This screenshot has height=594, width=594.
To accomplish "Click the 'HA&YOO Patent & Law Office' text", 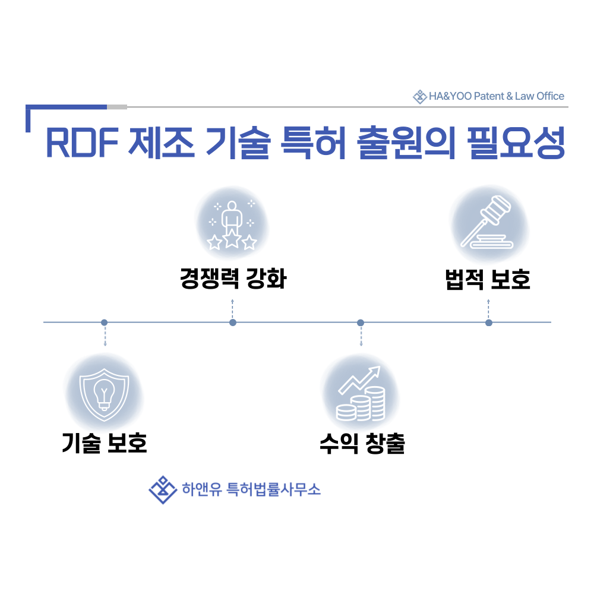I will coord(497,96).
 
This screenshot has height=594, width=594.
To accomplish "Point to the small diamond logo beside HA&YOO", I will coord(420,96).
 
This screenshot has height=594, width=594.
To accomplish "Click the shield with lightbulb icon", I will coord(104,393).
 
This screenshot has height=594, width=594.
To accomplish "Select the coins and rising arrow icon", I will coord(361,394).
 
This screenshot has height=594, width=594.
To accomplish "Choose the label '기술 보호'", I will coord(105,443).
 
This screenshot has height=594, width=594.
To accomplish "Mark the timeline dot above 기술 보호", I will coord(105,323).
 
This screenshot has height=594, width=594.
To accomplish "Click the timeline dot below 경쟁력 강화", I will coord(233,323).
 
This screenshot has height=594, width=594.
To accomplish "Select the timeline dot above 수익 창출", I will coord(361,323).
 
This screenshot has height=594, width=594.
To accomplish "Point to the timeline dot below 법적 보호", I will coord(489,323).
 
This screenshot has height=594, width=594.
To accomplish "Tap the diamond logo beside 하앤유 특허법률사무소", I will coord(163,489).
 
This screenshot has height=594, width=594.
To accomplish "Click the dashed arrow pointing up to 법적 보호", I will coord(488,308).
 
